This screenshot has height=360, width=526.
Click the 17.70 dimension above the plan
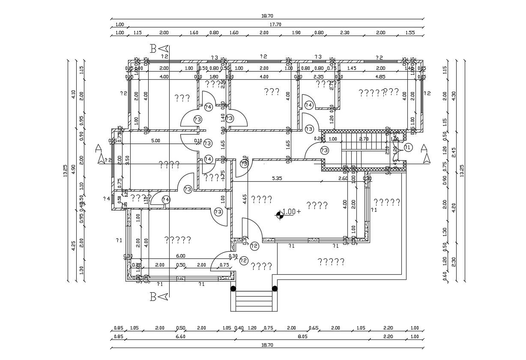(275, 24)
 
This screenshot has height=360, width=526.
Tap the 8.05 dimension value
(302, 337)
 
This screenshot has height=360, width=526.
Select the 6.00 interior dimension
(181, 256)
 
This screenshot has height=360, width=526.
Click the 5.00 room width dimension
(155, 141)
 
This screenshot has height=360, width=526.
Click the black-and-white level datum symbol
(280, 214)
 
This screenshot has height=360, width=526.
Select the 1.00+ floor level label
(292, 211)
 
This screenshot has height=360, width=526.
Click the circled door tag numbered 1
(407, 147)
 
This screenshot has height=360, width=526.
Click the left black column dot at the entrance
(233, 288)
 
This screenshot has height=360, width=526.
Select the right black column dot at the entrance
(275, 288)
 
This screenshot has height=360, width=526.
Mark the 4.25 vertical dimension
(73, 245)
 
